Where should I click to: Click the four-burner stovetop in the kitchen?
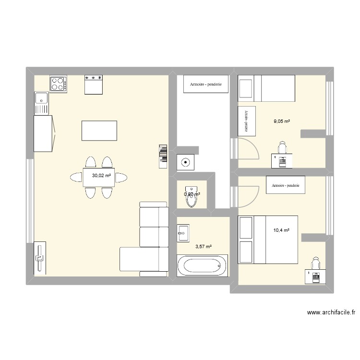58,84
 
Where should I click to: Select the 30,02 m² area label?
101,176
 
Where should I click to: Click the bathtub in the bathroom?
201,265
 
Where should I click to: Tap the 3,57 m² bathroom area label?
203,247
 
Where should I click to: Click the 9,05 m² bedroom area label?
282,121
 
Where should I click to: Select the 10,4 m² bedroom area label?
281,230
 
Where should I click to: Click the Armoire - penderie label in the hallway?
206,84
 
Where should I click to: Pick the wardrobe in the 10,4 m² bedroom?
286,185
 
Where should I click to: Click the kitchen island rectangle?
99,131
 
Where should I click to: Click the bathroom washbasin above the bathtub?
183,235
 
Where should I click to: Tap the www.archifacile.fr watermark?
331,312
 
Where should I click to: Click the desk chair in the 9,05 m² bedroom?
282,146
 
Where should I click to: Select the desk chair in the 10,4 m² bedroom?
315,263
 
